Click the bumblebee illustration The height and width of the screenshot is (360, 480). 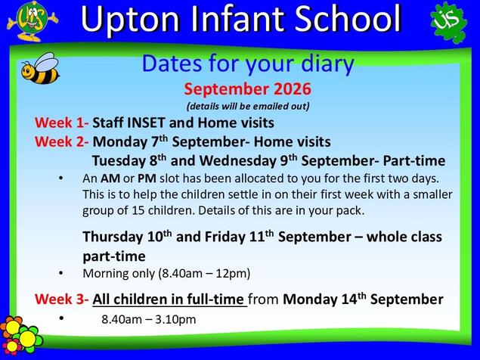[40, 69]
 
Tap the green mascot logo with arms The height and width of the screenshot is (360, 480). [33, 21]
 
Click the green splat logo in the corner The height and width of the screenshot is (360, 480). [448, 22]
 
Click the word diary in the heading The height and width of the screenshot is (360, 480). [327, 64]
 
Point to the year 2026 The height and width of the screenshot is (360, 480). [293, 89]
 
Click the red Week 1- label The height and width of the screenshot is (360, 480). [61, 123]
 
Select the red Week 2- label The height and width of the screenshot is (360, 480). [61, 142]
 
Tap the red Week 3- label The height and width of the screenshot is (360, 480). [61, 299]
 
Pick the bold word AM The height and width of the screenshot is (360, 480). [110, 178]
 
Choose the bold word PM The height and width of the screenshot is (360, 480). [147, 178]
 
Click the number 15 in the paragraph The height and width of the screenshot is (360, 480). [138, 210]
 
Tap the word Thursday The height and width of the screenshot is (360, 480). [113, 237]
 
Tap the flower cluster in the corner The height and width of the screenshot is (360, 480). [20, 334]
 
